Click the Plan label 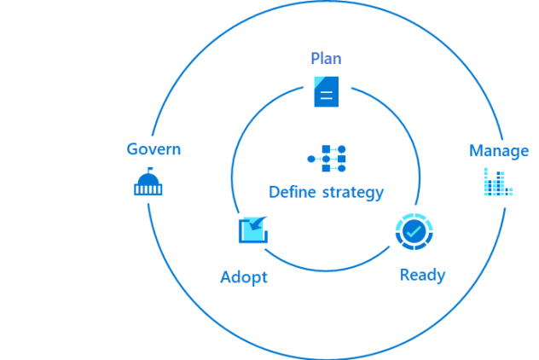coord(327,59)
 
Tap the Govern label coord(154,149)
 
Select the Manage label coord(499,151)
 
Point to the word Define coord(293,192)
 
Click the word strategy coord(353,193)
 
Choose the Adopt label coord(244,277)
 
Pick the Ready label coord(422,275)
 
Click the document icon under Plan coord(327,90)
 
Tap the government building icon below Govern coord(148,183)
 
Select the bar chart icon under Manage coord(498,182)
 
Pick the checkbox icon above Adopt coord(253,229)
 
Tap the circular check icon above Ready coord(414,231)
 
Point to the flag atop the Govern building coord(150,171)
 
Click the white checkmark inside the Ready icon coord(414,231)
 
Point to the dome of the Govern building coord(148,178)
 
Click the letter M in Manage coord(476,151)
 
